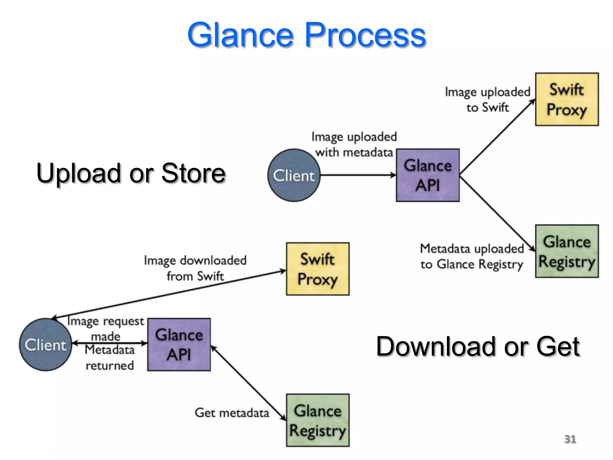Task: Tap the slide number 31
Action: tap(570, 439)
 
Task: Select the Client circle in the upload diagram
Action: tap(294, 175)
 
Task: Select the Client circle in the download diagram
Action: tap(45, 345)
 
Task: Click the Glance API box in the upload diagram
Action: tap(427, 175)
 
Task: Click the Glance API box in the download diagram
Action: tap(179, 345)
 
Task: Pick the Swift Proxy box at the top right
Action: tap(567, 99)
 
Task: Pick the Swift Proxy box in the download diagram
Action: tap(318, 269)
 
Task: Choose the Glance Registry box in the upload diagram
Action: tap(567, 251)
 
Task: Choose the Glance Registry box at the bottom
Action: tap(318, 420)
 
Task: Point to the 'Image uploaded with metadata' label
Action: tap(354, 144)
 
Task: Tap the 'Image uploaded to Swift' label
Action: tap(487, 99)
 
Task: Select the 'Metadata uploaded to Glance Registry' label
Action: tap(472, 256)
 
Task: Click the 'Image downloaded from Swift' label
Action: tap(195, 268)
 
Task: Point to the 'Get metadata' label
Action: tap(232, 413)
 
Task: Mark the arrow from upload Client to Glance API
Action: tap(358, 175)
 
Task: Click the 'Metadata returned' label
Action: tap(110, 358)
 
